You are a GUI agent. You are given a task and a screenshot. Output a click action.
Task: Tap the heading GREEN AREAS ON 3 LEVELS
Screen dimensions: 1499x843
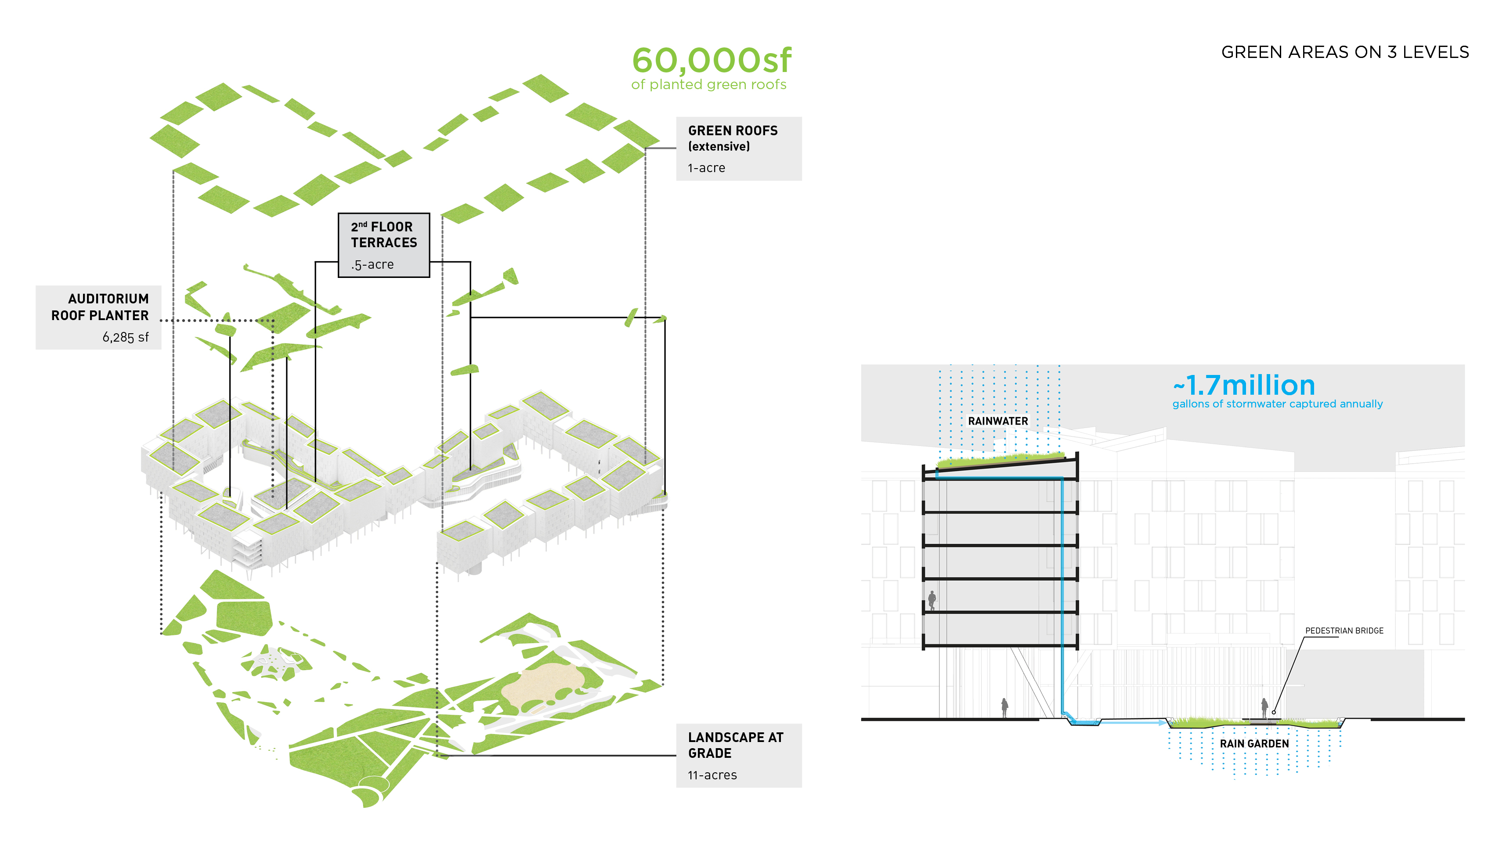pyautogui.click(x=1345, y=52)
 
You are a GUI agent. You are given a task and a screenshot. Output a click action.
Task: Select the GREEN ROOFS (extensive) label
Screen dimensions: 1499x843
pyautogui.click(x=733, y=138)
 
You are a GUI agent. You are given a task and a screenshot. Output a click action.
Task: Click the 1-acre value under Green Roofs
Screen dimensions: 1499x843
pyautogui.click(x=706, y=168)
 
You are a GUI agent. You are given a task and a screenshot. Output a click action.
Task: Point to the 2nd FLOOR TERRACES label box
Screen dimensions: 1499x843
pyautogui.click(x=384, y=245)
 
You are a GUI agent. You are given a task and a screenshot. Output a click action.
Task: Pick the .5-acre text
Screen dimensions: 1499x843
pyautogui.click(x=372, y=265)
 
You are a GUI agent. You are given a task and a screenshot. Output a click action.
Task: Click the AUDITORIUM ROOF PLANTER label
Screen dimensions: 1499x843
pyautogui.click(x=100, y=307)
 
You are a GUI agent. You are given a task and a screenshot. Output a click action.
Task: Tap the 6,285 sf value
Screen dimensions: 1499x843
pyautogui.click(x=126, y=338)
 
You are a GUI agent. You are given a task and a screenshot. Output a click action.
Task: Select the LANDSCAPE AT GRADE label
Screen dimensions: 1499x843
pyautogui.click(x=736, y=745)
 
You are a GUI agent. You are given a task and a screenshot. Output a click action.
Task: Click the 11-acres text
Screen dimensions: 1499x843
pyautogui.click(x=712, y=775)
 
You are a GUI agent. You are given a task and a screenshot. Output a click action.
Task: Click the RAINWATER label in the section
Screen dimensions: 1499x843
pyautogui.click(x=998, y=421)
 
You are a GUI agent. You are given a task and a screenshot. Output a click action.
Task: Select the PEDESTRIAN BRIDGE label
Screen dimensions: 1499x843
pyautogui.click(x=1344, y=630)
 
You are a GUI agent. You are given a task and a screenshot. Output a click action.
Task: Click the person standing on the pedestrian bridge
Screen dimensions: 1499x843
pyautogui.click(x=1264, y=709)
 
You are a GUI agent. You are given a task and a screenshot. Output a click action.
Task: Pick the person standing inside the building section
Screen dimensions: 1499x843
pyautogui.click(x=932, y=600)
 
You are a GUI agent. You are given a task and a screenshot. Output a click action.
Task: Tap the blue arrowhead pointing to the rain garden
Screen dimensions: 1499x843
pyautogui.click(x=1163, y=723)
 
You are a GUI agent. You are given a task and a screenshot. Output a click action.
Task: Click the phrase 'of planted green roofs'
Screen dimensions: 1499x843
pyautogui.click(x=709, y=85)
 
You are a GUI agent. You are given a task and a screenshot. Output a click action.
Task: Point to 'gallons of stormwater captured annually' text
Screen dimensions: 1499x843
pyautogui.click(x=1277, y=404)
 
